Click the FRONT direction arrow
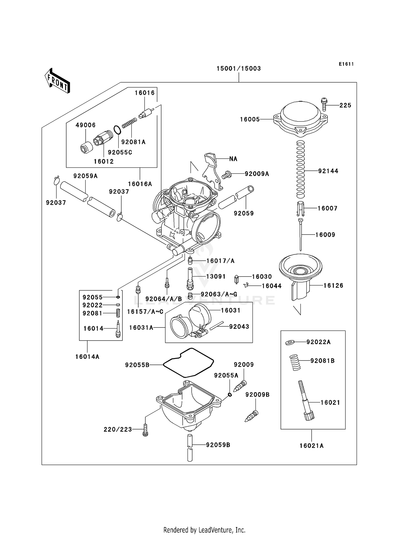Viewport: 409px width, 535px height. [x=57, y=81]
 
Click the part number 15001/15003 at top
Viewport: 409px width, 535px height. [x=239, y=68]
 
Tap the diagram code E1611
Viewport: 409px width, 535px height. [x=346, y=64]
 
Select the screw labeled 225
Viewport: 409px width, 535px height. [x=324, y=104]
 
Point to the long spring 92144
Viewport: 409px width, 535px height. [x=300, y=170]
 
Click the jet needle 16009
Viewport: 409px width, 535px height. [x=301, y=235]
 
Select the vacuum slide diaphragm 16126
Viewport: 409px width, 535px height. [x=300, y=274]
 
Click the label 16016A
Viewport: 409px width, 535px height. [x=140, y=184]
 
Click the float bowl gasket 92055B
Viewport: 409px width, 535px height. [x=188, y=363]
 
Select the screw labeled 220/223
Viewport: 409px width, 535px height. [x=145, y=430]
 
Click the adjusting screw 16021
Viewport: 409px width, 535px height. [x=305, y=401]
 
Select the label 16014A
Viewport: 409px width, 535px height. [x=87, y=357]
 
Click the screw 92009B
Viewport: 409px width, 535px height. [x=251, y=416]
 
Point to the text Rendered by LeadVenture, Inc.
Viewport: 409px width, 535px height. [x=204, y=530]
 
